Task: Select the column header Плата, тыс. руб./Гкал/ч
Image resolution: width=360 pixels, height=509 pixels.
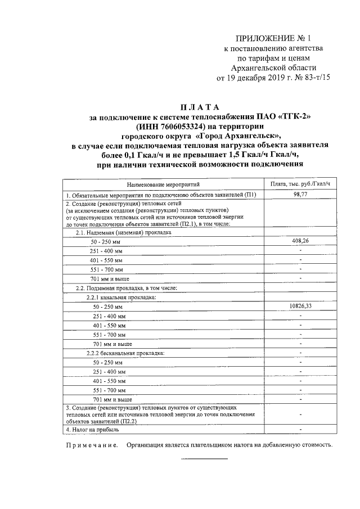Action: [301, 184]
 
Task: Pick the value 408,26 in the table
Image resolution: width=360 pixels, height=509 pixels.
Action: [301, 241]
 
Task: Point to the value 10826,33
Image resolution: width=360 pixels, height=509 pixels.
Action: [301, 306]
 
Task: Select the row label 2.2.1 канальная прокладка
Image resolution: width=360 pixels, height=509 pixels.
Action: [120, 297]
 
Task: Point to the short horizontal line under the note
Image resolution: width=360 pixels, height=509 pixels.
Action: [204, 460]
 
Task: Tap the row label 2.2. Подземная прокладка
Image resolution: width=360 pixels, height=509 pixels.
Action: [127, 288]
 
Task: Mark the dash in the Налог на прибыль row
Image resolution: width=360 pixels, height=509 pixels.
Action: [301, 430]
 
